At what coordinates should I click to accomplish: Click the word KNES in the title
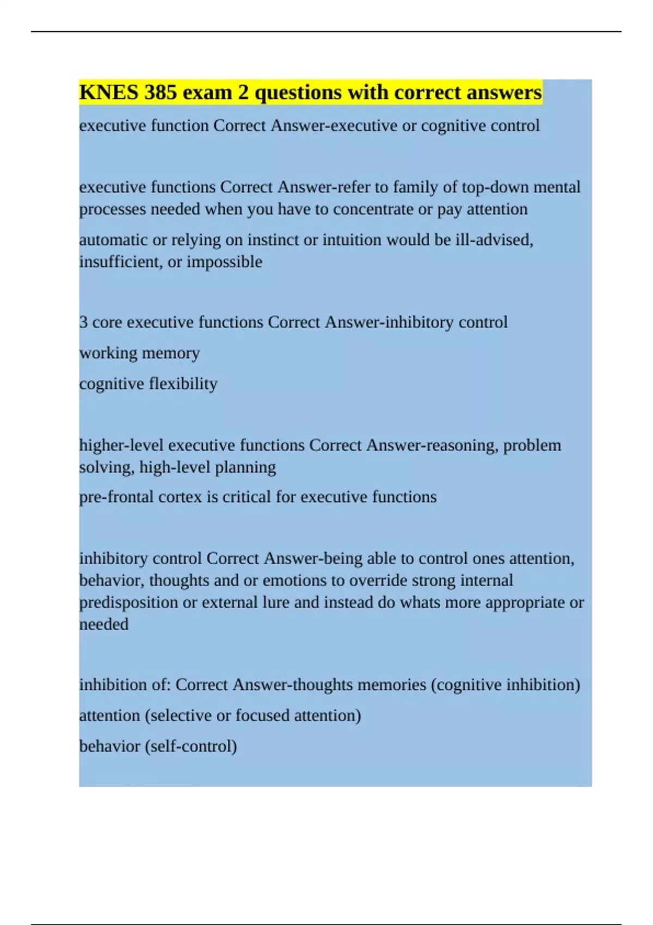[x=109, y=92]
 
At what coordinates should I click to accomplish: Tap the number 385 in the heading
[x=161, y=92]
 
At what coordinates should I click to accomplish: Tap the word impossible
[x=224, y=262]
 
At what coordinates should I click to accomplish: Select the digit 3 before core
[x=83, y=322]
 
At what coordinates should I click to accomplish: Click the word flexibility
[x=183, y=384]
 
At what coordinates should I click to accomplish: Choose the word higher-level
[x=121, y=445]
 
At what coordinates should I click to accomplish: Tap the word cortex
[x=180, y=497]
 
